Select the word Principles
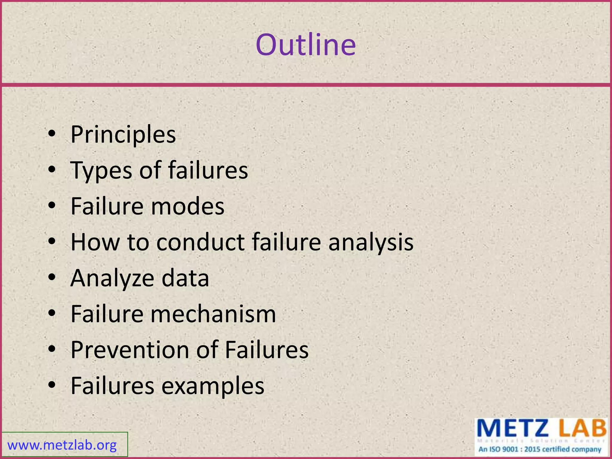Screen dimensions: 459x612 [x=123, y=135]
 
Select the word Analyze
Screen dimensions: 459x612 [x=112, y=278]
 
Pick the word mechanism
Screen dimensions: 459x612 [x=213, y=314]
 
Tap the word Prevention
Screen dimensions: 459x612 [x=130, y=350]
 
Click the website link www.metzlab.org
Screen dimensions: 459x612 [x=62, y=445]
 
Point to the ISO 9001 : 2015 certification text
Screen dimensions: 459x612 [x=540, y=449]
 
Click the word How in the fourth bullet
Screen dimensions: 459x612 [x=95, y=242]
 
